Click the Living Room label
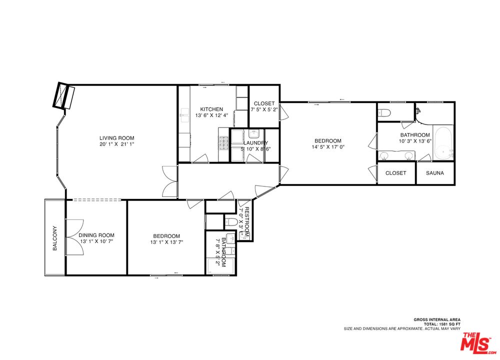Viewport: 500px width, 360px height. click(x=116, y=138)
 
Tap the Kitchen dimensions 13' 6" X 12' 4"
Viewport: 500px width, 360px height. click(x=212, y=115)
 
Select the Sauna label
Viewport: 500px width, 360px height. click(x=435, y=173)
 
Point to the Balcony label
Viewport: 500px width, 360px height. click(x=55, y=238)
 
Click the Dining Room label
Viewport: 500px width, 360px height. click(x=96, y=235)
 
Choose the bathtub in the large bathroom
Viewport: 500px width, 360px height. click(x=443, y=143)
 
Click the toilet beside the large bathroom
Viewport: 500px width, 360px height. click(x=384, y=112)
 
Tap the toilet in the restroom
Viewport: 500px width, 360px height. click(x=230, y=221)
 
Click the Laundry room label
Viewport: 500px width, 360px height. click(x=255, y=143)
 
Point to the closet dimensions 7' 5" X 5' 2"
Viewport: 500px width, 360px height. click(x=264, y=109)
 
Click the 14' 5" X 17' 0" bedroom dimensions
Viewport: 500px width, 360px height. click(x=328, y=146)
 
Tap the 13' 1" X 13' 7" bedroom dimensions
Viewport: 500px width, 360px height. click(x=167, y=242)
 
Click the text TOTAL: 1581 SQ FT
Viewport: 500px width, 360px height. click(x=442, y=324)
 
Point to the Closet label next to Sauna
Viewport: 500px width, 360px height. click(x=395, y=173)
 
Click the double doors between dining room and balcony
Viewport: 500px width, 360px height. click(x=74, y=237)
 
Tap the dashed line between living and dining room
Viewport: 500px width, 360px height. click(x=96, y=199)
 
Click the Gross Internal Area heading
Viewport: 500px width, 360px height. click(x=437, y=319)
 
